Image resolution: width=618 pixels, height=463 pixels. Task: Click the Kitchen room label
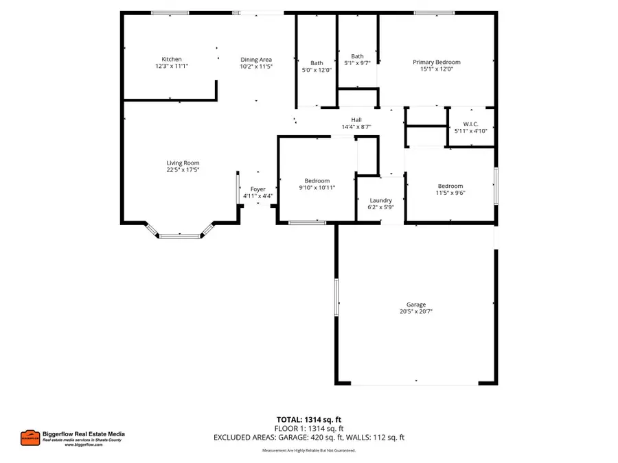(x=172, y=60)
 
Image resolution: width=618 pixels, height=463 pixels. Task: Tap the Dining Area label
(x=256, y=60)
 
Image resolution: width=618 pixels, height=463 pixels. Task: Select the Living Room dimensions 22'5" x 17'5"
(x=183, y=170)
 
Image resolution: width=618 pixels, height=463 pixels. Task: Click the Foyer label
(x=257, y=189)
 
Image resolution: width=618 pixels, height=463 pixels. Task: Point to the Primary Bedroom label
(x=436, y=62)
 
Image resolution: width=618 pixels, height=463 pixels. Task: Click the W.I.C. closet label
(x=471, y=123)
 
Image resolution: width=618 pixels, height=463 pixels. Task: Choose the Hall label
(x=356, y=120)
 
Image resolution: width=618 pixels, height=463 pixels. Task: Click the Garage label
(x=415, y=305)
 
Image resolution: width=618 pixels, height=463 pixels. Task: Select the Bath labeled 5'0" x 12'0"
(x=317, y=63)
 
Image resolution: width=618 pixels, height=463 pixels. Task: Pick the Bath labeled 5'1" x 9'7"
(x=358, y=56)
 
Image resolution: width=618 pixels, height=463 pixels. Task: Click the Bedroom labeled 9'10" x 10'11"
(x=317, y=181)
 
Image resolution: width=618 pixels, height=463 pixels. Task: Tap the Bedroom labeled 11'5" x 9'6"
(x=450, y=186)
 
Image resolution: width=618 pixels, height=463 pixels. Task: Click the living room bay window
(x=180, y=235)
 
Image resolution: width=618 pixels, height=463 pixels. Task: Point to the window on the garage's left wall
(x=336, y=297)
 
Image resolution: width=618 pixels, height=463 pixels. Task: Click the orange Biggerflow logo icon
(x=29, y=437)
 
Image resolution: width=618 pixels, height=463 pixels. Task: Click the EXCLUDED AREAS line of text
(x=308, y=437)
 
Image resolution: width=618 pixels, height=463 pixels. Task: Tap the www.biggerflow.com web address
(x=84, y=444)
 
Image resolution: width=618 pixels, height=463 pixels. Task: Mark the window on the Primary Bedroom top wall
(x=433, y=12)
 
